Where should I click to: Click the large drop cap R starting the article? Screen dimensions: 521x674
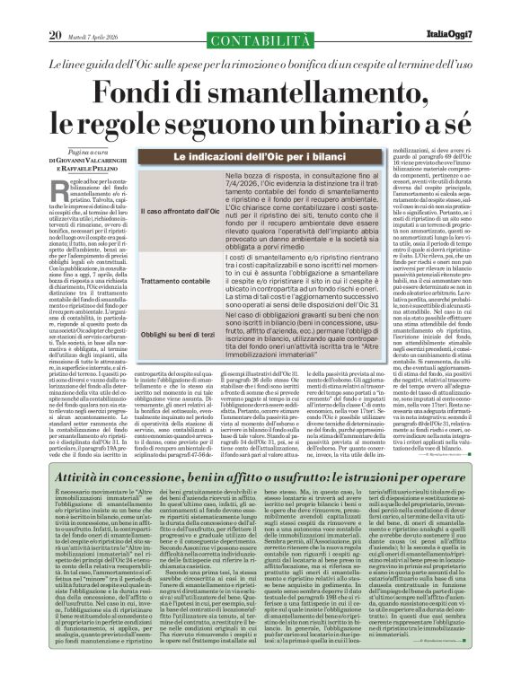58,185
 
